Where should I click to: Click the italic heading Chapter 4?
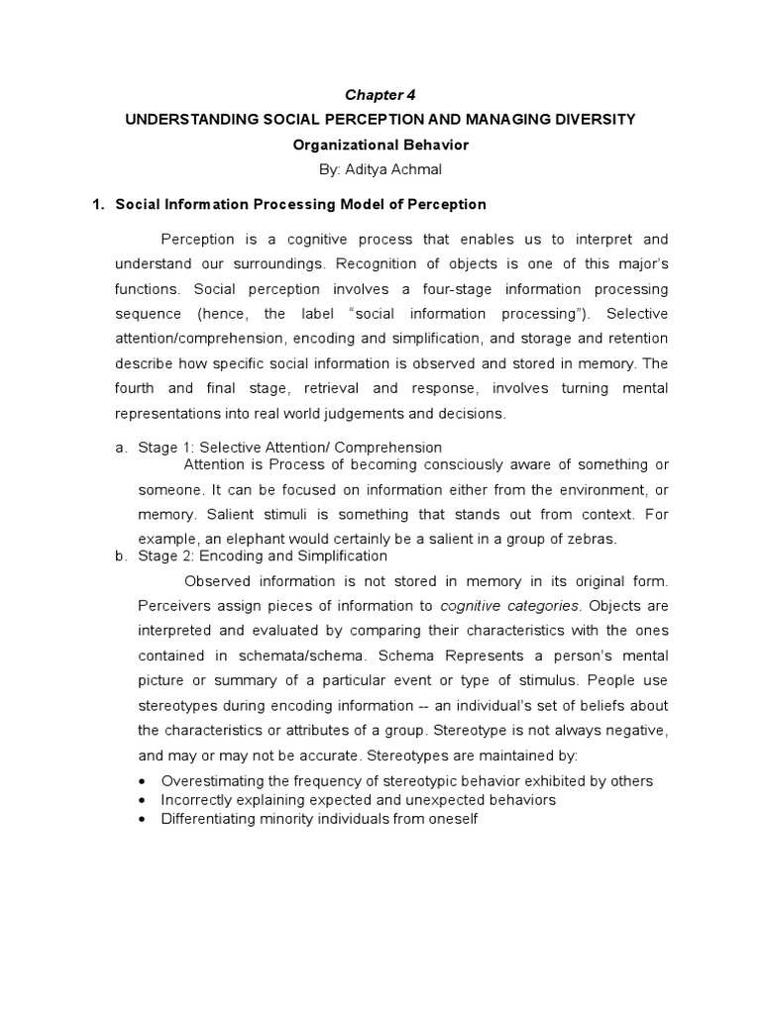tap(380, 95)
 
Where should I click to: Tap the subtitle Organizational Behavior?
tap(380, 144)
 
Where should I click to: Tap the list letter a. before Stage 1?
tap(122, 448)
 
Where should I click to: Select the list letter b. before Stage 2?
tap(122, 557)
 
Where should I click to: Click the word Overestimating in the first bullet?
tap(208, 781)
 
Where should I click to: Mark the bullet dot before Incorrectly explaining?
tap(146, 800)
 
